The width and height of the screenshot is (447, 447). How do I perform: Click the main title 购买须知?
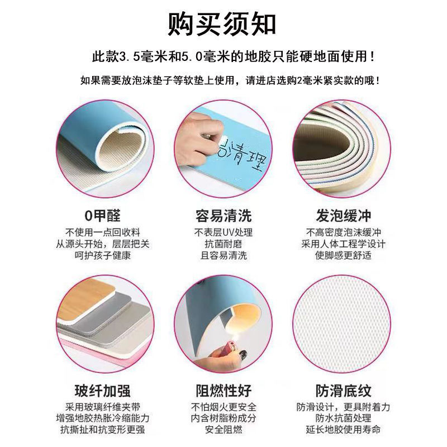[222, 24]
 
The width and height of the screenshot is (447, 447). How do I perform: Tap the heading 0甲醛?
[103, 216]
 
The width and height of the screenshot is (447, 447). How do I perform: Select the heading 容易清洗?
[223, 216]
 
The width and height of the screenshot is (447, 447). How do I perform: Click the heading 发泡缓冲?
[343, 216]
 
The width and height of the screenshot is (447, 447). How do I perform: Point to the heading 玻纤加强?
[103, 391]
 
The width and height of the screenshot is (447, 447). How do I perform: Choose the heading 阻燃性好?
[223, 391]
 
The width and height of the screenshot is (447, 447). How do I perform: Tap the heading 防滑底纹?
[343, 391]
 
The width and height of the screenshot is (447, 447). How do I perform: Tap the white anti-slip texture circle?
[342, 324]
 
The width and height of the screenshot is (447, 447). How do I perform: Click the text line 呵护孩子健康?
[103, 255]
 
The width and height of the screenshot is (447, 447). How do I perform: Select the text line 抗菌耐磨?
[223, 244]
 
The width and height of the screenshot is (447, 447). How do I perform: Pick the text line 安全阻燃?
[223, 429]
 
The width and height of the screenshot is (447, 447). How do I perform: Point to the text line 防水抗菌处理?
[343, 418]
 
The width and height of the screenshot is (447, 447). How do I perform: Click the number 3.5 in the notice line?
[129, 56]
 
